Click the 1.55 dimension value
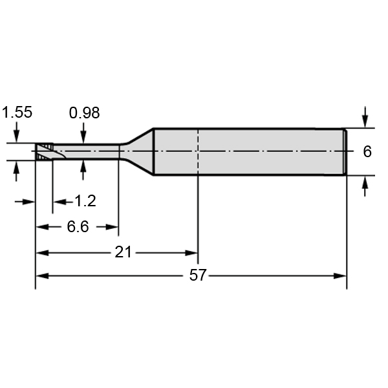coord(17,112)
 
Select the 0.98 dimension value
coord(84,113)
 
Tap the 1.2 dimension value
coord(85,200)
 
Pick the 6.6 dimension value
coord(78,227)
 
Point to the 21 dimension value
coord(123,253)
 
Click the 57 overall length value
coord(197,275)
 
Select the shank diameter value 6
coord(367,151)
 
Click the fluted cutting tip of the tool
coord(44,151)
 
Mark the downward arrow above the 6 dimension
coord(365,117)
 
